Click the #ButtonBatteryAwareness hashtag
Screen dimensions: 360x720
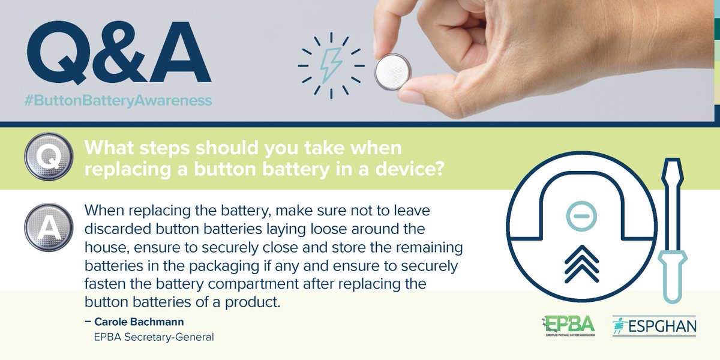[x=119, y=100]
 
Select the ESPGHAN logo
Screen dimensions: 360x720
[x=654, y=326]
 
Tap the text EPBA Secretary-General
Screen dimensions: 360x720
[x=154, y=337]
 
